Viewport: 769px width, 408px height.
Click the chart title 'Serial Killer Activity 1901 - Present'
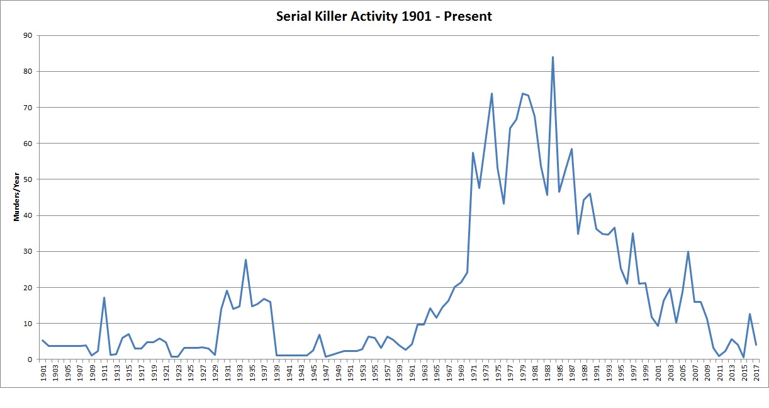click(x=384, y=16)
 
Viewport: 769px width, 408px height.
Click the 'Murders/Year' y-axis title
click(x=18, y=198)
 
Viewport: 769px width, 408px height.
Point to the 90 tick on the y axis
click(x=28, y=36)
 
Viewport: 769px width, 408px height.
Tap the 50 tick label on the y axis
click(x=28, y=179)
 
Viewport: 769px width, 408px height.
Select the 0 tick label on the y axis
click(x=30, y=360)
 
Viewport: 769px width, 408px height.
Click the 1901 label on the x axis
click(x=43, y=372)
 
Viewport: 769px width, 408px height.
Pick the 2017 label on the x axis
click(x=756, y=372)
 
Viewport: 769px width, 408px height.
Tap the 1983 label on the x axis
click(x=547, y=372)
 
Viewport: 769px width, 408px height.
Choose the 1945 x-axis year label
click(x=313, y=372)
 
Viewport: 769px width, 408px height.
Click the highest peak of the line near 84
click(x=553, y=57)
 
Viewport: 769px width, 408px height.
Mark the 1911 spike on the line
click(x=104, y=298)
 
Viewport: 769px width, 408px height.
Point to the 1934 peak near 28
click(x=245, y=260)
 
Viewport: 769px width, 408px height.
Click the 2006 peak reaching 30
click(x=688, y=252)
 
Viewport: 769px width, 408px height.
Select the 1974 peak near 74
click(x=491, y=94)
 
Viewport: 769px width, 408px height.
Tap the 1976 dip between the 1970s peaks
click(x=503, y=203)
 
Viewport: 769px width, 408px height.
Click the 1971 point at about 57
click(x=473, y=153)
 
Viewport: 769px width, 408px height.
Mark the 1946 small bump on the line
click(x=319, y=335)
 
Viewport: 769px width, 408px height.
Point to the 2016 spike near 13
click(x=749, y=314)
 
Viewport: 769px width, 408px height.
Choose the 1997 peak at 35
click(x=632, y=234)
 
